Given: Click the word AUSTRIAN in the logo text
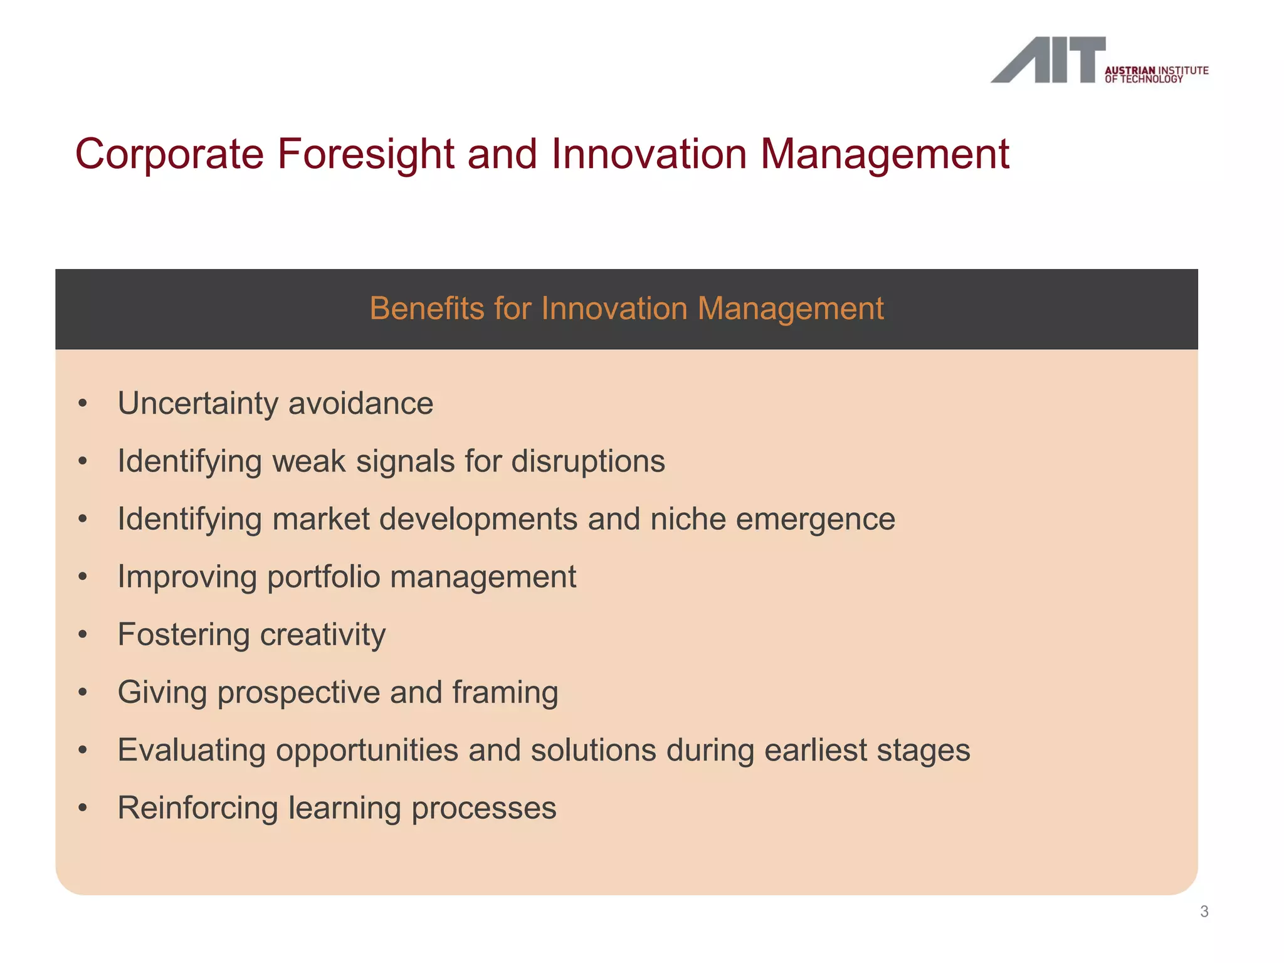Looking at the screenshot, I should tap(1129, 70).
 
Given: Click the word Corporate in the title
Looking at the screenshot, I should tap(169, 154).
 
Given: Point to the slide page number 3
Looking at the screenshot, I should tap(1204, 912).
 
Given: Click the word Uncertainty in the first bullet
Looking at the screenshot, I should tap(197, 403).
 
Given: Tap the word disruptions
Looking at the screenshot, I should tap(588, 461).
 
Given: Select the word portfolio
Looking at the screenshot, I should tap(323, 577).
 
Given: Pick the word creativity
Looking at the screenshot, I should tap(323, 634).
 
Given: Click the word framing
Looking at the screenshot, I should tap(505, 692).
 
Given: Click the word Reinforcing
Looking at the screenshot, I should tap(197, 808).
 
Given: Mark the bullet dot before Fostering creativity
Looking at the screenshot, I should tap(83, 634).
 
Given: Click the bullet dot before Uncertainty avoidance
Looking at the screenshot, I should tap(83, 404).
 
